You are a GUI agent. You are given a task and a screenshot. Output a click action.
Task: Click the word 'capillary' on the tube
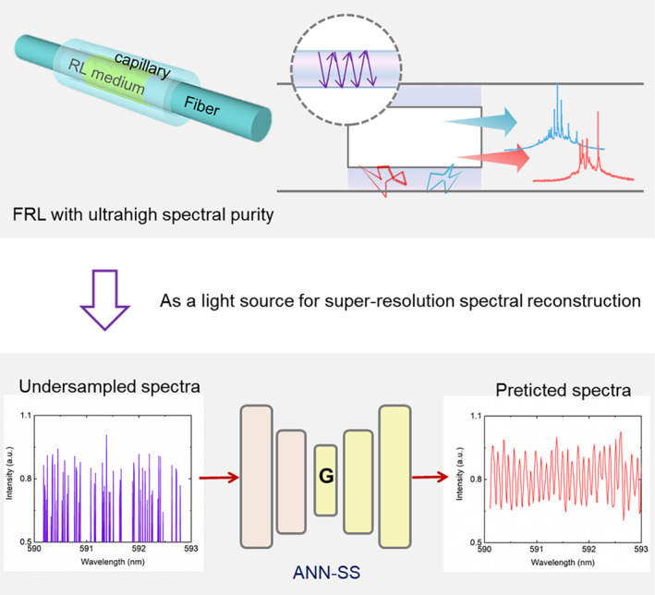[x=142, y=66]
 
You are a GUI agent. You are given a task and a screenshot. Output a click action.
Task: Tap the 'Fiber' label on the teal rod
[x=201, y=105]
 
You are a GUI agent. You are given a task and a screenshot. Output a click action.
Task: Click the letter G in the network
[x=326, y=476]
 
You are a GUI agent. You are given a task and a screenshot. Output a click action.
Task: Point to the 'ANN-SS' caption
[x=326, y=572]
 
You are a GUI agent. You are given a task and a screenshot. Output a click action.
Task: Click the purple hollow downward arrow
[x=104, y=300]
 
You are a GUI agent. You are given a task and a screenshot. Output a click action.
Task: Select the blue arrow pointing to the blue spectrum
[x=480, y=122]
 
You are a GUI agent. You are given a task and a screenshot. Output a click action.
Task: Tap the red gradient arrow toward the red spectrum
[x=493, y=157]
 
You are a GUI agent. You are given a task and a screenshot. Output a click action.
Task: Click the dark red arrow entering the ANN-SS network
[x=219, y=477]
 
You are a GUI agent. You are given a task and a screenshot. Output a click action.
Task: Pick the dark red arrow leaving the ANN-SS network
[x=430, y=477]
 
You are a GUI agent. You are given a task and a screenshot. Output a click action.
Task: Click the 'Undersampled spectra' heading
[x=109, y=386]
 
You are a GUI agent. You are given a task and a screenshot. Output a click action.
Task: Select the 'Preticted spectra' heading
[x=564, y=390]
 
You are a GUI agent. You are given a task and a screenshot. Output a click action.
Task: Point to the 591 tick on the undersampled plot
[x=86, y=548]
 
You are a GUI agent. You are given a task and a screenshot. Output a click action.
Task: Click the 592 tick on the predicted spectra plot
[x=588, y=549]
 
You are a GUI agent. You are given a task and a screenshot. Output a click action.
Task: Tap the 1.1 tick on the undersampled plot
[x=26, y=416]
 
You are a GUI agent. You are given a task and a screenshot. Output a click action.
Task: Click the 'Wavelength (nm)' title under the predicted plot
[x=563, y=563]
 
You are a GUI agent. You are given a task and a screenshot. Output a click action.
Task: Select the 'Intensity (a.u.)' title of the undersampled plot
[x=9, y=473]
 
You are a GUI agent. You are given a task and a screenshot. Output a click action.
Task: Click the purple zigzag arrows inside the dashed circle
[x=347, y=69]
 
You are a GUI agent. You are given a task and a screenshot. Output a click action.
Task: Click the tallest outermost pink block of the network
[x=257, y=477]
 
